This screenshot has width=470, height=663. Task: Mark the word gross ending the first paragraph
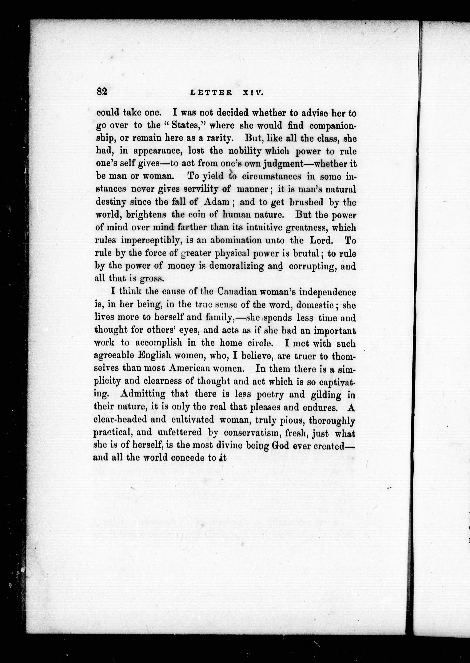click(152, 279)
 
